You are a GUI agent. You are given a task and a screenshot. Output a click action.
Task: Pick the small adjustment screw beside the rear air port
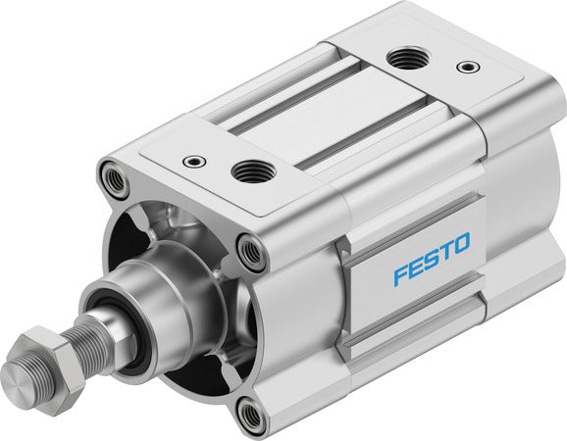pyautogui.click(x=469, y=68)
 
